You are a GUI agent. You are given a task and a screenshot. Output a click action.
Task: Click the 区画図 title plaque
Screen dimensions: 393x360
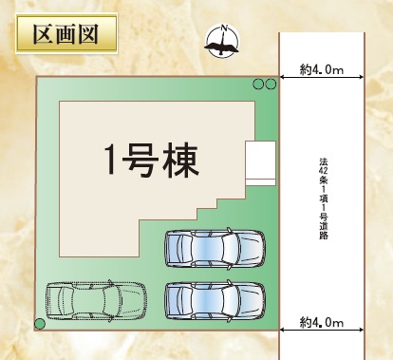pyautogui.click(x=66, y=33)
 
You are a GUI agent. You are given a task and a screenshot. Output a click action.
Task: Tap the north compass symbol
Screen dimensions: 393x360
pyautogui.click(x=222, y=41)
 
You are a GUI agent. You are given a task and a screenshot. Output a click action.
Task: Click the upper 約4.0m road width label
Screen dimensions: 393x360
pyautogui.click(x=322, y=69)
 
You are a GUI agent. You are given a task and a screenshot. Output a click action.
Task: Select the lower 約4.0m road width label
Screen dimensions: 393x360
pyautogui.click(x=322, y=322)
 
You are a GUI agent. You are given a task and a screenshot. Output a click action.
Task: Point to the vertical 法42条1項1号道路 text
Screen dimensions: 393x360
pyautogui.click(x=323, y=199)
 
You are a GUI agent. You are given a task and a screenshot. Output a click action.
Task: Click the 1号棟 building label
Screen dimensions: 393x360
pyautogui.click(x=152, y=161)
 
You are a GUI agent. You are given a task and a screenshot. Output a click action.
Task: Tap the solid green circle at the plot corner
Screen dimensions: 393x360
pyautogui.click(x=40, y=324)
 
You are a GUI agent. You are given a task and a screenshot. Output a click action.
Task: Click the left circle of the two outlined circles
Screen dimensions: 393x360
pyautogui.click(x=258, y=84)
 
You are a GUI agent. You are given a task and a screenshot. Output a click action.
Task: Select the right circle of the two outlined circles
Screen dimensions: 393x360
pyautogui.click(x=271, y=84)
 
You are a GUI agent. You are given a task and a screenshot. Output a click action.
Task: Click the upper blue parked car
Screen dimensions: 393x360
pyautogui.click(x=215, y=249)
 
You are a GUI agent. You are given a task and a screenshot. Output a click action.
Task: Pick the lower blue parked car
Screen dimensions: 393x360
pyautogui.click(x=215, y=301)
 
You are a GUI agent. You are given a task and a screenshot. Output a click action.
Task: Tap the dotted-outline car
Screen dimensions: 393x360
pyautogui.click(x=96, y=301)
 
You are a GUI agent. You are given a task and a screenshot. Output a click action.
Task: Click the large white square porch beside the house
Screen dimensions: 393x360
pyautogui.click(x=260, y=160)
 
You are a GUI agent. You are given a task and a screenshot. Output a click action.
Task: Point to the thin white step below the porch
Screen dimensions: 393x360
pyautogui.click(x=260, y=182)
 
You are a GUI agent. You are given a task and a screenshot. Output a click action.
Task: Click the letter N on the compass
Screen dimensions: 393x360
pyautogui.click(x=225, y=28)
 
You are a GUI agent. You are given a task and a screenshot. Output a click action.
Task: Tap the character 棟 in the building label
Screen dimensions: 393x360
pyautogui.click(x=183, y=161)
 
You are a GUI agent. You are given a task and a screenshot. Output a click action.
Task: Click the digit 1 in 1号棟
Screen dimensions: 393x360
pyautogui.click(x=111, y=161)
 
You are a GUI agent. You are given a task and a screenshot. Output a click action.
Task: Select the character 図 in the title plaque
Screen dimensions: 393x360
pyautogui.click(x=88, y=33)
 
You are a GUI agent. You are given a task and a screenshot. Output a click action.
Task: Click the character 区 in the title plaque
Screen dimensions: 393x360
pyautogui.click(x=43, y=33)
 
